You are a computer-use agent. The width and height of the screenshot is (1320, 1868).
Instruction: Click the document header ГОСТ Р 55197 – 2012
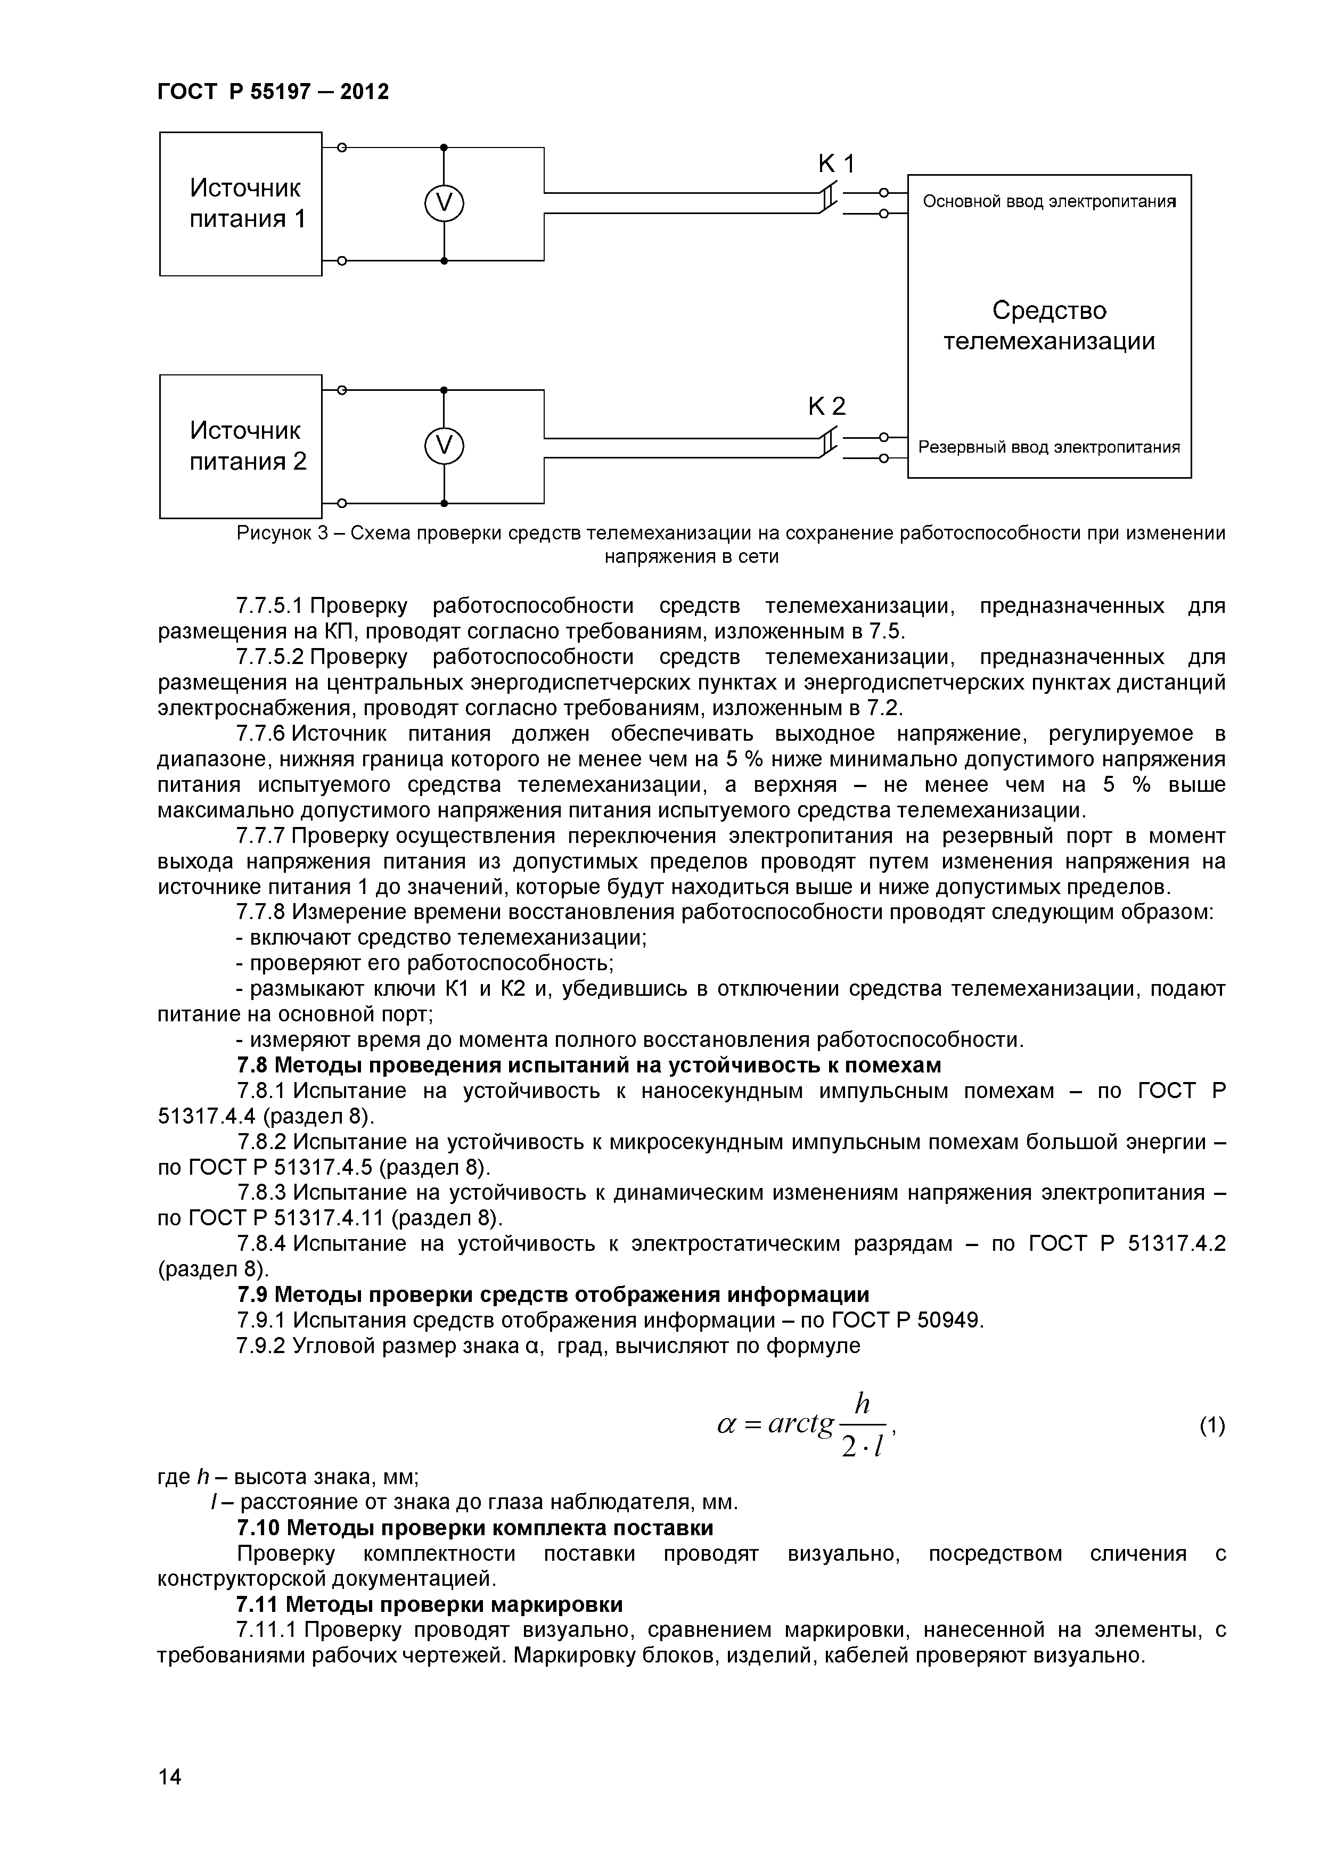273,92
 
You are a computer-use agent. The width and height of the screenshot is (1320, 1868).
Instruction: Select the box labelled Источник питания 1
241,203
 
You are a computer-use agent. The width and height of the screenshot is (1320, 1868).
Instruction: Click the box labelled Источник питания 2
241,446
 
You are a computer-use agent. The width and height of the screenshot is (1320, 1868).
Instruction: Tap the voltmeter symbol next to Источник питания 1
444,203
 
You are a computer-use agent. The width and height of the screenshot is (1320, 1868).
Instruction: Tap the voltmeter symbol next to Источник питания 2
444,446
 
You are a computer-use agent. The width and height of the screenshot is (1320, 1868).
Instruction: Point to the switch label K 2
827,406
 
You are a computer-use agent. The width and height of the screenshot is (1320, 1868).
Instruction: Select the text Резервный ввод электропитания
1049,447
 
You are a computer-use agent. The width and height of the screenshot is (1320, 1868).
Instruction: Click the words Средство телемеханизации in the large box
1049,325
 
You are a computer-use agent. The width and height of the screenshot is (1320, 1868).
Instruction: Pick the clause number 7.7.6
261,734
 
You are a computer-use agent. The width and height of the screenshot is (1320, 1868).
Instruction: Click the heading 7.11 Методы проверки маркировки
429,1604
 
